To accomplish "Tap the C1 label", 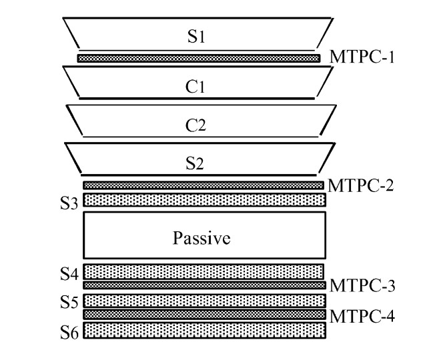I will [x=195, y=87].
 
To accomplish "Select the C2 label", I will [x=195, y=124].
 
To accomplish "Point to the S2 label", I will [x=195, y=162].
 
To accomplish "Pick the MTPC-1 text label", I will [x=364, y=57].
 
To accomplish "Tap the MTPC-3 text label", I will [x=364, y=286].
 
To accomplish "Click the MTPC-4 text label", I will [x=364, y=315].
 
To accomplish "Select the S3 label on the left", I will [x=69, y=200].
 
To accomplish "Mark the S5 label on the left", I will [x=69, y=301].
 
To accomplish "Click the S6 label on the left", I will [x=69, y=329].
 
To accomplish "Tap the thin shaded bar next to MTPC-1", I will [x=198, y=59].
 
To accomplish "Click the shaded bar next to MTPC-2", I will [x=203, y=185].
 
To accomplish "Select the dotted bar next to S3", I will [x=203, y=199].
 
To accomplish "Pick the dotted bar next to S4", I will [x=203, y=271].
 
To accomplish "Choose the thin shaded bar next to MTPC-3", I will [x=203, y=285].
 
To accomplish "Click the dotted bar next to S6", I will [x=203, y=330].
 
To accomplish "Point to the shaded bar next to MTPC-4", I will [x=203, y=314].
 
